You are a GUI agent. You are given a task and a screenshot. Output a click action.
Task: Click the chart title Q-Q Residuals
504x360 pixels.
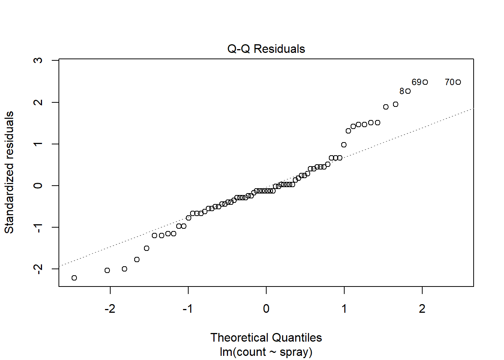click(x=266, y=49)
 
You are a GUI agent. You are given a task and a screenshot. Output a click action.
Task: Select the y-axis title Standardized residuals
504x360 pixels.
click(x=9, y=172)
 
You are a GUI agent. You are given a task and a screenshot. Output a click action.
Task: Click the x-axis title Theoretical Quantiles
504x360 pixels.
click(x=266, y=337)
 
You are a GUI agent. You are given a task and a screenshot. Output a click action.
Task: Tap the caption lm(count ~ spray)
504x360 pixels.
click(x=266, y=352)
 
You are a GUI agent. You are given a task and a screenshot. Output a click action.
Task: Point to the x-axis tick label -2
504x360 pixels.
click(x=110, y=309)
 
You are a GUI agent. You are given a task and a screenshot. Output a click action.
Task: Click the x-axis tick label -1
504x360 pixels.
click(x=188, y=309)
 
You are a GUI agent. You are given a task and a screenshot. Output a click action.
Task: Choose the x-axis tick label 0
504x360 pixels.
click(x=266, y=309)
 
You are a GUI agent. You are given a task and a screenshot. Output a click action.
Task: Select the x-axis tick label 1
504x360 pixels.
click(x=344, y=309)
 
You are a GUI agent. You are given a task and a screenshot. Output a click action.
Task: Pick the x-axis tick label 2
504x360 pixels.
click(x=422, y=309)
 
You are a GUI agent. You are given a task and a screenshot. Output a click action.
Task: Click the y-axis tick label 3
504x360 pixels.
click(x=38, y=60)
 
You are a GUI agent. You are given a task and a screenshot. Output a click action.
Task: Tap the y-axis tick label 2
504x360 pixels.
click(x=38, y=102)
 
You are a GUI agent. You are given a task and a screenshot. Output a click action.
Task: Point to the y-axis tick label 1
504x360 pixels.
click(x=38, y=144)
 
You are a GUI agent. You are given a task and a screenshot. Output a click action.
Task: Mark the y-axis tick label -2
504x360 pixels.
click(x=38, y=269)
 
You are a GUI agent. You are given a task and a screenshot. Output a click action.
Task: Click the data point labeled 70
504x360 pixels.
click(x=458, y=82)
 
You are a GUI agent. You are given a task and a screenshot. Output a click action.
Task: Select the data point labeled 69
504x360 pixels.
click(x=425, y=82)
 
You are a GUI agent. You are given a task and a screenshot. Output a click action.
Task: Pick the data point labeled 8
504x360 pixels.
click(x=408, y=91)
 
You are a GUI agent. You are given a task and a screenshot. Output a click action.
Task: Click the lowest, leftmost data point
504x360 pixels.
click(x=74, y=278)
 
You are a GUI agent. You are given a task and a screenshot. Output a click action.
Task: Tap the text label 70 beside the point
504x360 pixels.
click(x=450, y=82)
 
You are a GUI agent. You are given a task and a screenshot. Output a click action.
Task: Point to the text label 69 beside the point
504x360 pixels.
click(x=416, y=82)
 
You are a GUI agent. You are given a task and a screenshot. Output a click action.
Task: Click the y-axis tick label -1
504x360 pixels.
click(x=38, y=227)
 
